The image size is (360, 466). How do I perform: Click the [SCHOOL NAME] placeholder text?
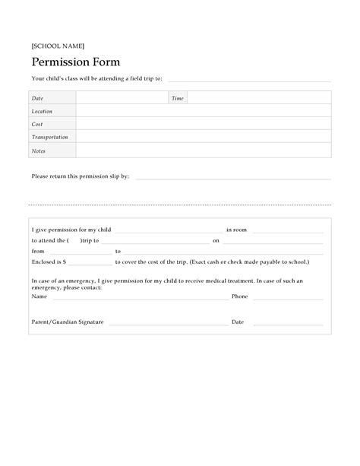tap(52, 46)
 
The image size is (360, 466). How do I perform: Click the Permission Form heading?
tap(75, 62)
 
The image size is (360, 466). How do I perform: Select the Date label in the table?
tap(37, 98)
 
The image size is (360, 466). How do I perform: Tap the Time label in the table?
tap(178, 98)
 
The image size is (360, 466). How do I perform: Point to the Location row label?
tap(42, 111)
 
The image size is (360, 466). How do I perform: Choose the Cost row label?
tap(36, 124)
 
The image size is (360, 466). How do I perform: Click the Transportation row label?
tap(49, 137)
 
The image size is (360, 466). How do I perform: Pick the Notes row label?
tap(38, 151)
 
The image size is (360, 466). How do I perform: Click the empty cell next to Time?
tap(258, 98)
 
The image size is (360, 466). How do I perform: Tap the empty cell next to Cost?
tap(203, 124)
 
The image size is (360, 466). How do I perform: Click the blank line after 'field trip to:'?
tap(248, 80)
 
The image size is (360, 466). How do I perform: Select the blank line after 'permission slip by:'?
tap(232, 178)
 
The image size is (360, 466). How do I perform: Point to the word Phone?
tap(240, 296)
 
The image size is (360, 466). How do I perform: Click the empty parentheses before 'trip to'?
tap(73, 240)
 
